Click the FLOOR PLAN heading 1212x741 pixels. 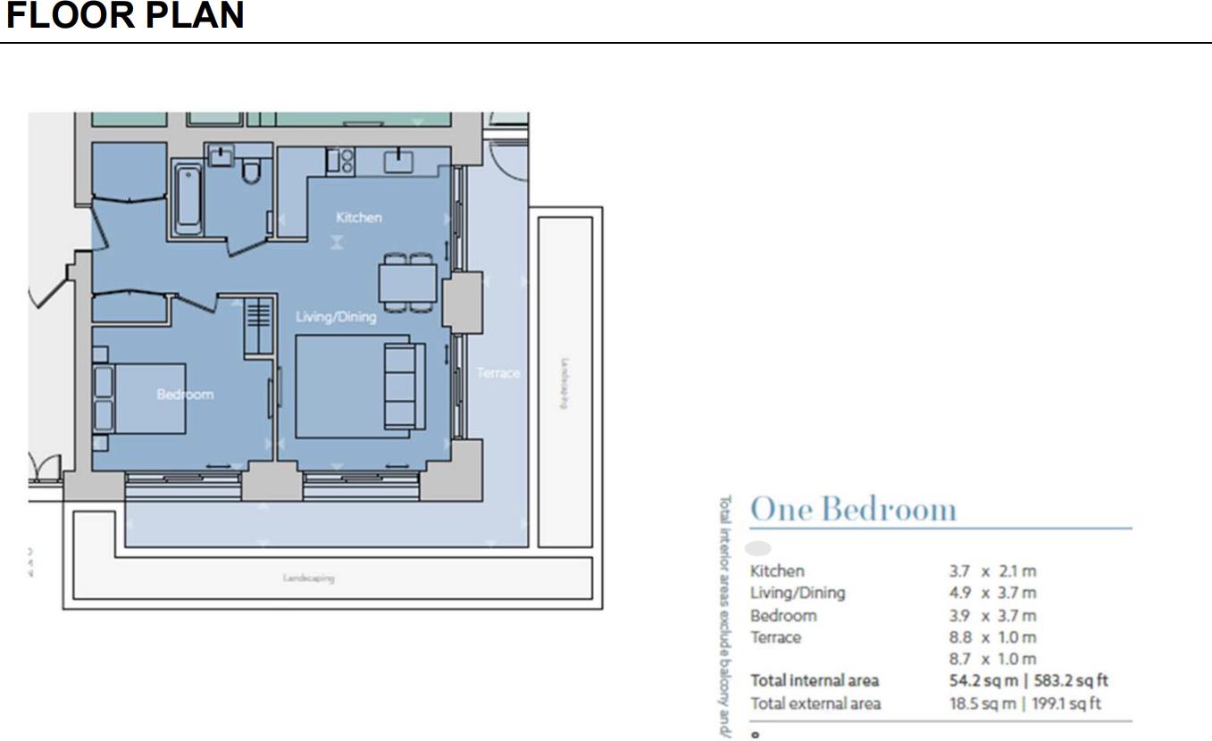pyautogui.click(x=125, y=16)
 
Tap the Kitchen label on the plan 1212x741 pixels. pyautogui.click(x=358, y=217)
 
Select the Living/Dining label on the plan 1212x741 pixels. pyautogui.click(x=336, y=317)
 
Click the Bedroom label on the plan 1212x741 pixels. pyautogui.click(x=185, y=394)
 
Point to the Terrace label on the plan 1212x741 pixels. pyautogui.click(x=497, y=372)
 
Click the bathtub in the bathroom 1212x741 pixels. pyautogui.click(x=187, y=197)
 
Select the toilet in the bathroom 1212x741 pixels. pyautogui.click(x=251, y=169)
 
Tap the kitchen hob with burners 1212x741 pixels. pyautogui.click(x=339, y=161)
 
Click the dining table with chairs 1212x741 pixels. pyautogui.click(x=408, y=283)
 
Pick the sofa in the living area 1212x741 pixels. pyautogui.click(x=404, y=386)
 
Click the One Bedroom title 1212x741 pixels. pyautogui.click(x=853, y=509)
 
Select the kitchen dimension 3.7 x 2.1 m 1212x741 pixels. pyautogui.click(x=992, y=571)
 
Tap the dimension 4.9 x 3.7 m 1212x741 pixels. pyautogui.click(x=992, y=593)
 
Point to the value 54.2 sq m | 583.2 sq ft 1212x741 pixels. pyautogui.click(x=1028, y=681)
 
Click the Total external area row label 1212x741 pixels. pyautogui.click(x=815, y=704)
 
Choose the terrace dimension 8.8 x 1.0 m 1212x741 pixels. pyautogui.click(x=992, y=637)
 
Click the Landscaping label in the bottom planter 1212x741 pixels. pyautogui.click(x=308, y=579)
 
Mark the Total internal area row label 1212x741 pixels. pyautogui.click(x=814, y=681)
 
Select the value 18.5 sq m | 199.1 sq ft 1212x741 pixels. pyautogui.click(x=1024, y=704)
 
